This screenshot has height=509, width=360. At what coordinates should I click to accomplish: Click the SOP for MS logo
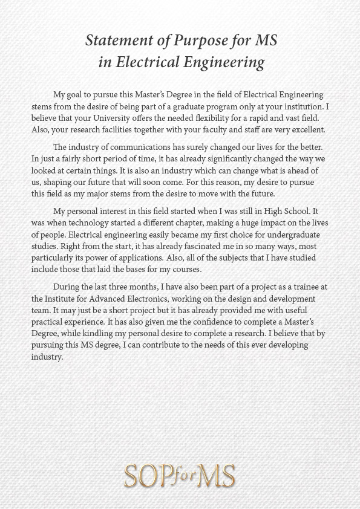tap(180, 476)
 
